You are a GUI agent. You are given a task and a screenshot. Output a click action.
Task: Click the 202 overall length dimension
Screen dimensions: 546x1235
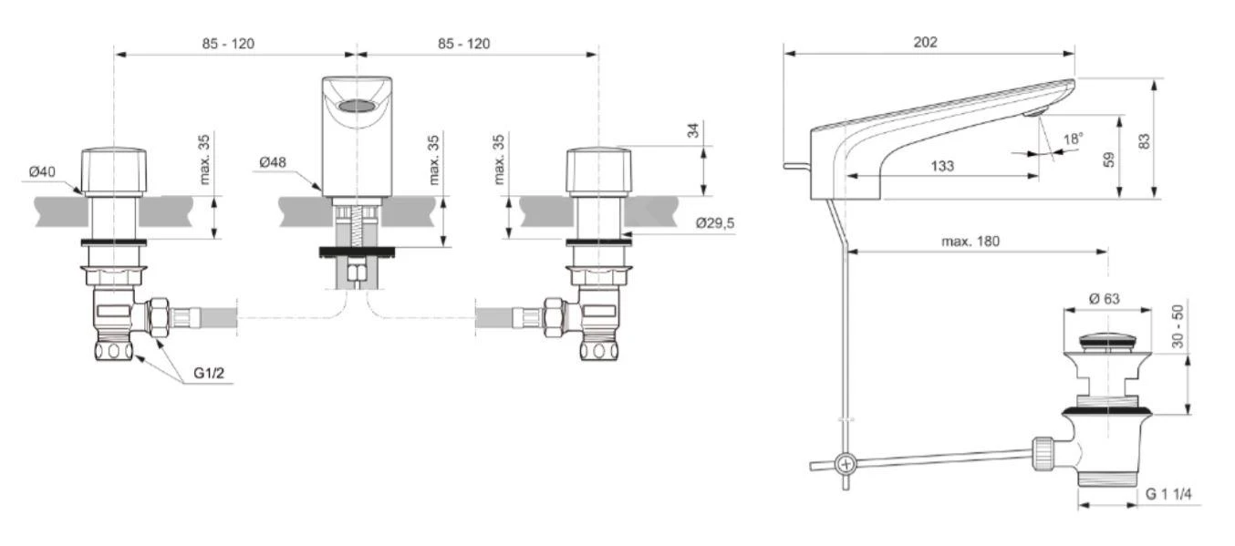point(925,42)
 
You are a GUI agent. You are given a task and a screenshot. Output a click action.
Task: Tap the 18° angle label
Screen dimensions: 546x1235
point(1074,139)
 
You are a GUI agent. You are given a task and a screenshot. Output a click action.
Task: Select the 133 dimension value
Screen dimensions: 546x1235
point(942,166)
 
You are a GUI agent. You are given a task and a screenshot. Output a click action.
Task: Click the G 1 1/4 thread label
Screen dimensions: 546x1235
point(1169,494)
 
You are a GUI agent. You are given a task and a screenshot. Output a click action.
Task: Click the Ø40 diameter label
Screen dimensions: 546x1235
point(42,171)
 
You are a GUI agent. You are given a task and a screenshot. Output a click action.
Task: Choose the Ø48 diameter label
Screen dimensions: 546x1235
point(273,161)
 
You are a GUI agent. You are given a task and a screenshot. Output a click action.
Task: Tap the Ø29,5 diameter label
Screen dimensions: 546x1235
point(714,223)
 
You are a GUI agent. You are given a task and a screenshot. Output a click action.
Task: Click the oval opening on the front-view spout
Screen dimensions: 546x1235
point(357,107)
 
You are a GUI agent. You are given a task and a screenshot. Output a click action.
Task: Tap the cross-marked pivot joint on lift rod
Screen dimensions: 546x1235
point(846,463)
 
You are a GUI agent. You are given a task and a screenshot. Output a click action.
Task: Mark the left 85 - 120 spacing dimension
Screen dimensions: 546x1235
point(228,44)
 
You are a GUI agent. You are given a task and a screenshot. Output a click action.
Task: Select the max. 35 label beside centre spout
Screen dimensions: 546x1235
point(434,160)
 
